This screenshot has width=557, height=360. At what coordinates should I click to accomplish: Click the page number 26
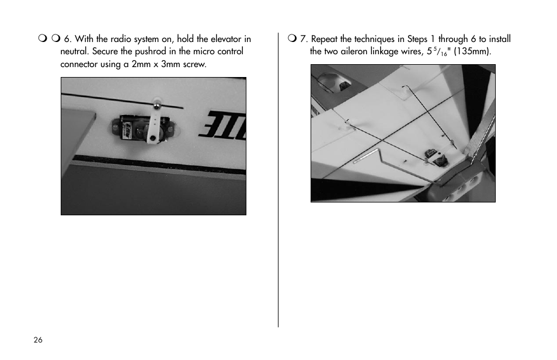38,340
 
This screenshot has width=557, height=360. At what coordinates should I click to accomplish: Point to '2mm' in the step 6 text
141,64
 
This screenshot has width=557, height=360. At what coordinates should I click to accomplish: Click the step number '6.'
68,39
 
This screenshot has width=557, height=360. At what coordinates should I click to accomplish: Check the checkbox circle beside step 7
292,38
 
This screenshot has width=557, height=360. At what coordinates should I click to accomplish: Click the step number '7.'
304,39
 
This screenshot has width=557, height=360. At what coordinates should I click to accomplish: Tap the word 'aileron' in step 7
354,51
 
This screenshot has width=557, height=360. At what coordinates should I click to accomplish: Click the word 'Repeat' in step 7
324,39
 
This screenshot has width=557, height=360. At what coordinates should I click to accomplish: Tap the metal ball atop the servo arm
156,104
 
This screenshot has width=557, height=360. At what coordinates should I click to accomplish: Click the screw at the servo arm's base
152,138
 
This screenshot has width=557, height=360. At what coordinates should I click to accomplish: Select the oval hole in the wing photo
333,82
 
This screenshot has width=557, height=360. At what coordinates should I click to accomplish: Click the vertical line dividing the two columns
278,180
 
